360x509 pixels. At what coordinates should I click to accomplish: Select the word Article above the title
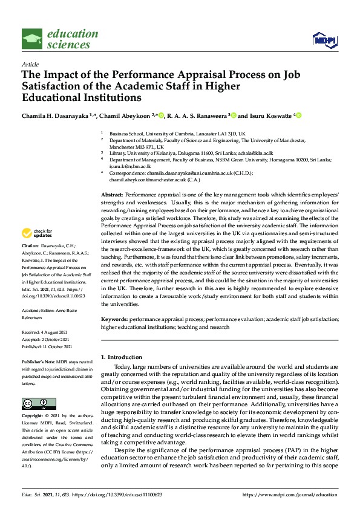tap(30, 64)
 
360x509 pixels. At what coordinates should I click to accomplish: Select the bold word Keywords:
tap(114, 318)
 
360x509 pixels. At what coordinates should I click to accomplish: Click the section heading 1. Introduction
tap(121, 357)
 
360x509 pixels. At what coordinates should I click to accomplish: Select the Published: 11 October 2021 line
tap(47, 346)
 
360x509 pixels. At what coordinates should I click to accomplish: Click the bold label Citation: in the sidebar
tap(30, 247)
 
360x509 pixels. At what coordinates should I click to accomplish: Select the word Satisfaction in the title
tap(51, 86)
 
